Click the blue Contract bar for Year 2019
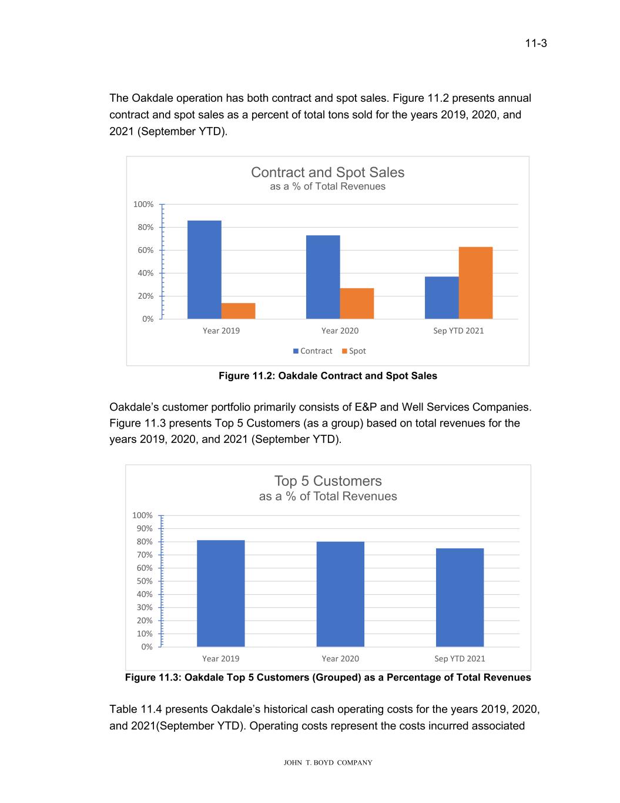[x=204, y=269]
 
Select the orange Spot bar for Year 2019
[x=238, y=311]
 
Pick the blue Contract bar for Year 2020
[x=323, y=277]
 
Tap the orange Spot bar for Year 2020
[x=357, y=304]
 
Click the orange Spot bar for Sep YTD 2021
[x=475, y=283]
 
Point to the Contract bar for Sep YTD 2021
[x=441, y=298]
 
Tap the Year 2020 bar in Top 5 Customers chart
[x=340, y=594]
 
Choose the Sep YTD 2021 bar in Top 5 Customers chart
[x=460, y=597]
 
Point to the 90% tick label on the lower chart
[x=145, y=528]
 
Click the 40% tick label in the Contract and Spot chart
[x=145, y=273]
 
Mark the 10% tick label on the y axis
[x=145, y=634]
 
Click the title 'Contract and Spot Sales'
[x=327, y=172]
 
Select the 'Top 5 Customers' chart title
[x=328, y=481]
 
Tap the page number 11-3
[x=536, y=44]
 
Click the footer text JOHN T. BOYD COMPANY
[x=328, y=763]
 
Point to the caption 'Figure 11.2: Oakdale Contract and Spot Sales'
[x=328, y=376]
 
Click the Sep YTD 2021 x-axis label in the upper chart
[x=458, y=331]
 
